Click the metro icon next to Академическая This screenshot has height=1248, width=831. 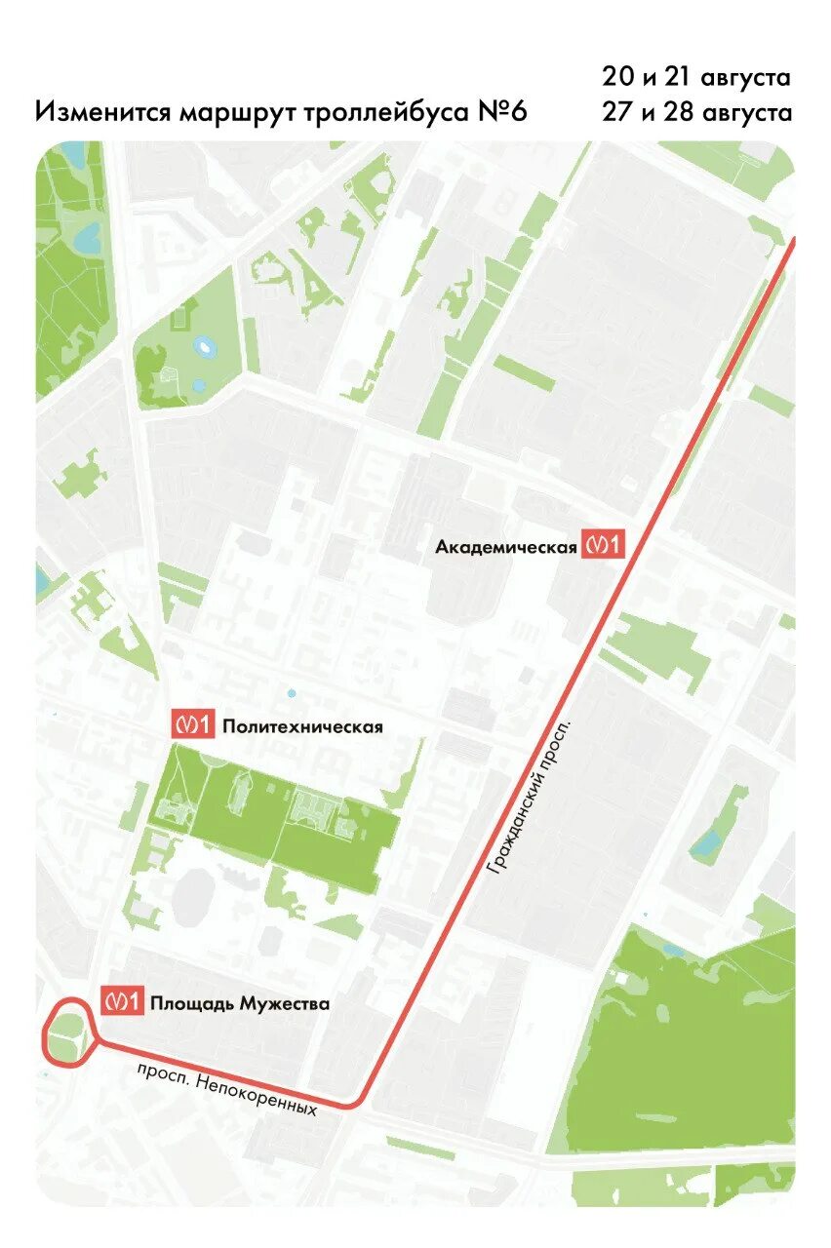(602, 545)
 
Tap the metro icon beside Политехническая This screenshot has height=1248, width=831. (192, 724)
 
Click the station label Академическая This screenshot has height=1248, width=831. (506, 547)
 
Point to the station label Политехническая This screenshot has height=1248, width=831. (302, 726)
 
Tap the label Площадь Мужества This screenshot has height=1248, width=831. (239, 1003)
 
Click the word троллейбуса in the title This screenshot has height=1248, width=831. (388, 112)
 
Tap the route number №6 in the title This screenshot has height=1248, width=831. (503, 111)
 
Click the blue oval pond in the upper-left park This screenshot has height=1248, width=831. (205, 346)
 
